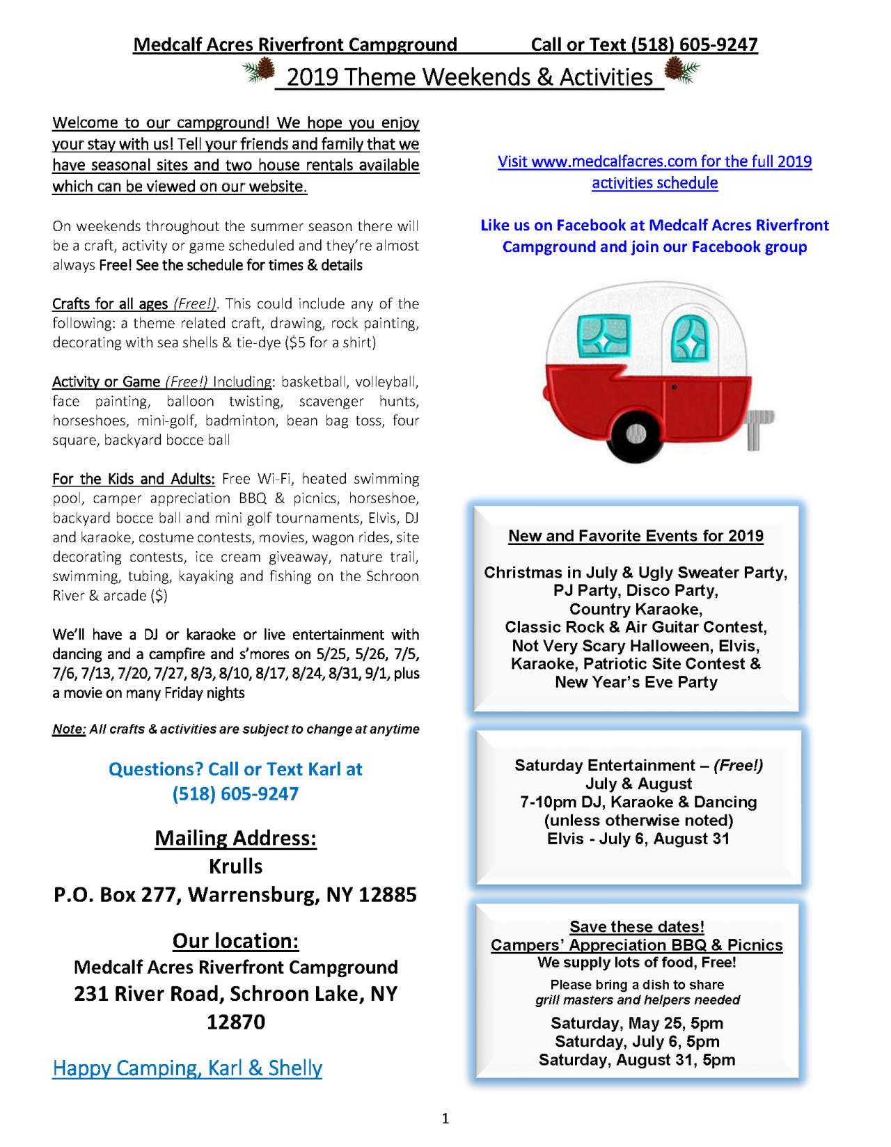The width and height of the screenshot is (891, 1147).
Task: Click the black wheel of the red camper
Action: click(x=636, y=434)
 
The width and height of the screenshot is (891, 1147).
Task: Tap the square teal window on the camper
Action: click(x=604, y=335)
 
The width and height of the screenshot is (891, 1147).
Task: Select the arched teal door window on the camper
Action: click(x=690, y=340)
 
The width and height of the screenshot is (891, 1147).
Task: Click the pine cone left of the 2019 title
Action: click(x=259, y=71)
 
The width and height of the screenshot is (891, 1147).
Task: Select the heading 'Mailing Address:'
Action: click(x=235, y=837)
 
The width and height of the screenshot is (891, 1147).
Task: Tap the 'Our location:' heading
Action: click(x=235, y=940)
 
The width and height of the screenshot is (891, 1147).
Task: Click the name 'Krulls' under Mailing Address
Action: click(x=235, y=867)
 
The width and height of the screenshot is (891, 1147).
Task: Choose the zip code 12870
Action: click(x=235, y=1022)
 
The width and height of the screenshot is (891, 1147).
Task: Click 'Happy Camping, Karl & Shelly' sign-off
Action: click(x=187, y=1068)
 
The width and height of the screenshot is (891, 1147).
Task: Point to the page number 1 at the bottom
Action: click(x=445, y=1118)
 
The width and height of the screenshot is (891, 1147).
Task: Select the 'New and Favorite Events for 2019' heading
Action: click(x=636, y=536)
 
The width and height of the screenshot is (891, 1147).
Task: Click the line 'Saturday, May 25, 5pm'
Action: click(x=636, y=1023)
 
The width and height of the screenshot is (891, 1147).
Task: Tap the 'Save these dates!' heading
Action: click(x=636, y=926)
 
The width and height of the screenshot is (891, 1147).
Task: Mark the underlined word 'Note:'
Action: click(x=69, y=729)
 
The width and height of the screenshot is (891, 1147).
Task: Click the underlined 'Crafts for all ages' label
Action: click(x=110, y=304)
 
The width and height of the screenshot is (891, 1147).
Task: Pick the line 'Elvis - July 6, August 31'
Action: click(x=638, y=839)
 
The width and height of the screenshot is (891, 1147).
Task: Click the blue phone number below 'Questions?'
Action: click(x=235, y=794)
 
